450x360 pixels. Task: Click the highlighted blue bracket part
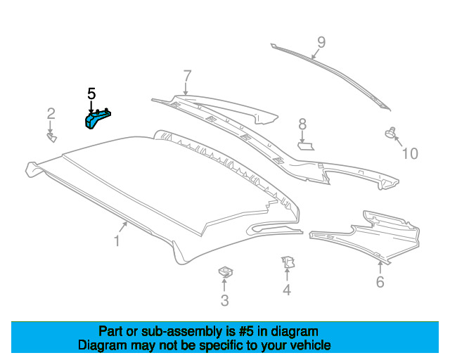tap(96, 119)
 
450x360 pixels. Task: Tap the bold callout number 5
tap(91, 94)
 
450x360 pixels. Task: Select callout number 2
tap(51, 114)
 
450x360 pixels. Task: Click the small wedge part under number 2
tap(52, 137)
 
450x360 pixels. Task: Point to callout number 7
tap(187, 76)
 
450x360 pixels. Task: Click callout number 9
tap(321, 42)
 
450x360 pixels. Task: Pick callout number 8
tap(302, 124)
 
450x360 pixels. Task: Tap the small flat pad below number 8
tap(306, 146)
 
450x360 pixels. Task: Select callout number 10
tap(411, 153)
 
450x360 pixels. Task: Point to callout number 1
tap(117, 240)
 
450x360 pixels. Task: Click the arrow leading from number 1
tap(122, 227)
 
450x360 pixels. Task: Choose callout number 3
tap(225, 300)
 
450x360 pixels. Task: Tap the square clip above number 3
tap(226, 272)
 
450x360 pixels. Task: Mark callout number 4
tap(287, 290)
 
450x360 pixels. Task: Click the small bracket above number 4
tap(288, 262)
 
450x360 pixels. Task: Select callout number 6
tap(380, 282)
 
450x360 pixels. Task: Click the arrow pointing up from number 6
tap(380, 266)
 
